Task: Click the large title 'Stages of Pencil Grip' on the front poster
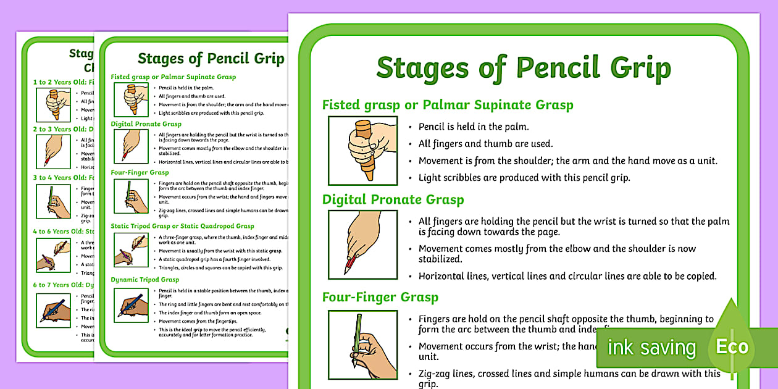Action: (x=523, y=68)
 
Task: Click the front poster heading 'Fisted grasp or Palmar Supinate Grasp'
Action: (x=448, y=105)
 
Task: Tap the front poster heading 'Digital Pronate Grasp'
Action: (x=393, y=199)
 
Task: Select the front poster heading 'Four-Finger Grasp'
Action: (x=380, y=297)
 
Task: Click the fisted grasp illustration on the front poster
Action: (x=363, y=151)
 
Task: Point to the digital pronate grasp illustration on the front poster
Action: (x=363, y=245)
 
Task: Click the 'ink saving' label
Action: (x=651, y=348)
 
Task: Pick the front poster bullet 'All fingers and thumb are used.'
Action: (x=485, y=144)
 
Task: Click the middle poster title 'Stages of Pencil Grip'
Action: (x=211, y=59)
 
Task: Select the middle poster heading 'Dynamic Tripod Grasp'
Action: (x=145, y=280)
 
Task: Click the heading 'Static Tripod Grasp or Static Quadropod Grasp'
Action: (x=182, y=226)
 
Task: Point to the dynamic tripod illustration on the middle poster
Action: (x=131, y=305)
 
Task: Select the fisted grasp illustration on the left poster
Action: (x=53, y=104)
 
